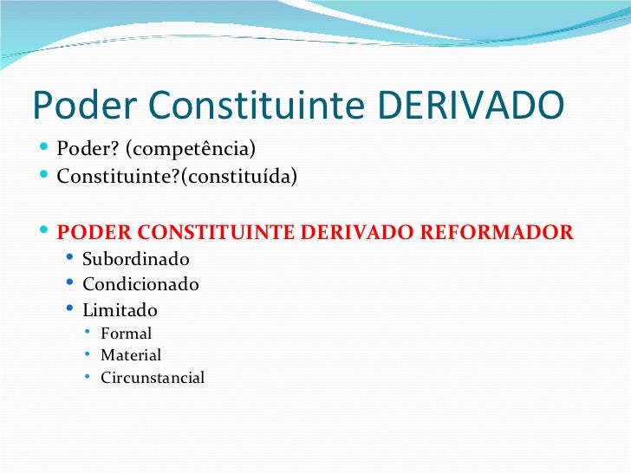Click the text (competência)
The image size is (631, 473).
[x=191, y=149]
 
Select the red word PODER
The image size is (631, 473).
[x=92, y=233]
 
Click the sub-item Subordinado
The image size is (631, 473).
[x=135, y=259]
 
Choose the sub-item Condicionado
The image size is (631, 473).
[x=140, y=284]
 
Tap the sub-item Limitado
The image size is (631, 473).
[x=120, y=310]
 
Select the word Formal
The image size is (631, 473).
[x=126, y=334]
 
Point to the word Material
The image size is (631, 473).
[x=131, y=355]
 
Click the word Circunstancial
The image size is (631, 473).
[x=153, y=378]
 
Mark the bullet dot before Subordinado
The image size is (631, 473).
[x=70, y=259]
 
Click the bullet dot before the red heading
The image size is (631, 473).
[x=45, y=232]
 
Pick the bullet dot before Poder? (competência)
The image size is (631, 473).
[x=45, y=148]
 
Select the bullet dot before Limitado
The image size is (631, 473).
[x=70, y=309]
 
